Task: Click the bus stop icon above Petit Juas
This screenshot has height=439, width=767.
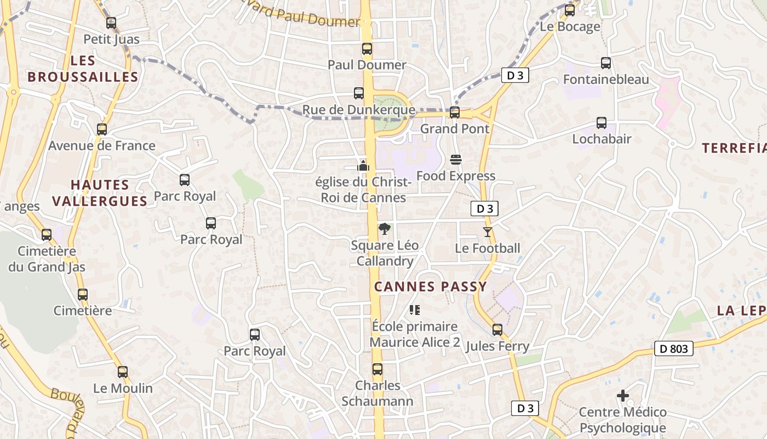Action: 111,23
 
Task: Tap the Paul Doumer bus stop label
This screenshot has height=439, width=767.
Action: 367,65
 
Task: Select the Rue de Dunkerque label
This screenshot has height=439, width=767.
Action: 358,110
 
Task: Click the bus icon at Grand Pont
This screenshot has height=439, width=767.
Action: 454,112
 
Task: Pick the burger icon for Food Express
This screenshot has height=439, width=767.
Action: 455,160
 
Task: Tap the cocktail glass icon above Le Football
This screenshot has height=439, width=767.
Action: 487,232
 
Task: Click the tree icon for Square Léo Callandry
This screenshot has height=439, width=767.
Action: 385,229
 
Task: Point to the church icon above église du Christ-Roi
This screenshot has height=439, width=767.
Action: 363,165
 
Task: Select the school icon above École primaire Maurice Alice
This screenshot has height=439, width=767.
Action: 415,310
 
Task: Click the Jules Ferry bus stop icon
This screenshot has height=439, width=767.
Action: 497,330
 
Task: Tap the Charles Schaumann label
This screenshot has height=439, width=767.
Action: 377,393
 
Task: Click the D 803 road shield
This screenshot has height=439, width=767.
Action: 673,348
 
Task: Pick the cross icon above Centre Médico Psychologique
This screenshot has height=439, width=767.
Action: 622,395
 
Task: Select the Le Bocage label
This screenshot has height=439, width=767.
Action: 570,26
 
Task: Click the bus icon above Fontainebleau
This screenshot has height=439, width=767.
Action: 605,63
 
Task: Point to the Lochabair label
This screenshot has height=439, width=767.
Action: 602,139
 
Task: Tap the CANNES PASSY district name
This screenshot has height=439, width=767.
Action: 430,286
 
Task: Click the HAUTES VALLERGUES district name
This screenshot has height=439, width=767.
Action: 100,193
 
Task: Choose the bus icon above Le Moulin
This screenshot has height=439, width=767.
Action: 123,372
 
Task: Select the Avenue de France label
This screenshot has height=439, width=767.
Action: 102,145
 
